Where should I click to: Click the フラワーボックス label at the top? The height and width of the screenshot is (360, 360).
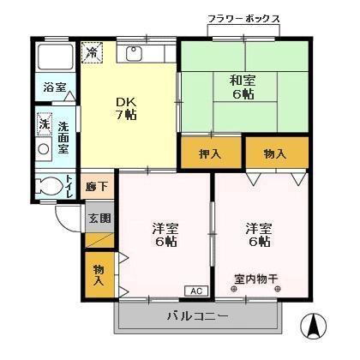coord(243,18)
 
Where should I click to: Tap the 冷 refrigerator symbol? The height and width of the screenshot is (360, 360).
coord(92,52)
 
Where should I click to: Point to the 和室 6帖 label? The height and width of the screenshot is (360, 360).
coord(241,88)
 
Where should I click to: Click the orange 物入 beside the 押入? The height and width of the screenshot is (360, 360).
coord(275,153)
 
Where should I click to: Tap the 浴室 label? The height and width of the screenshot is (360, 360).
coord(55,87)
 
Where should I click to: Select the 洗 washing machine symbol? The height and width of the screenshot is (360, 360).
coord(44,124)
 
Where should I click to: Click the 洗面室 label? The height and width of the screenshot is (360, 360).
coord(63,137)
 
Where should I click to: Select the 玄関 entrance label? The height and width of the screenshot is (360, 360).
coord(99,218)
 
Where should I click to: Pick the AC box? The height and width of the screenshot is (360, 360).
coord(195,290)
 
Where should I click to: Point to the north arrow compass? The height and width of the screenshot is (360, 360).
coord(313,325)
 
